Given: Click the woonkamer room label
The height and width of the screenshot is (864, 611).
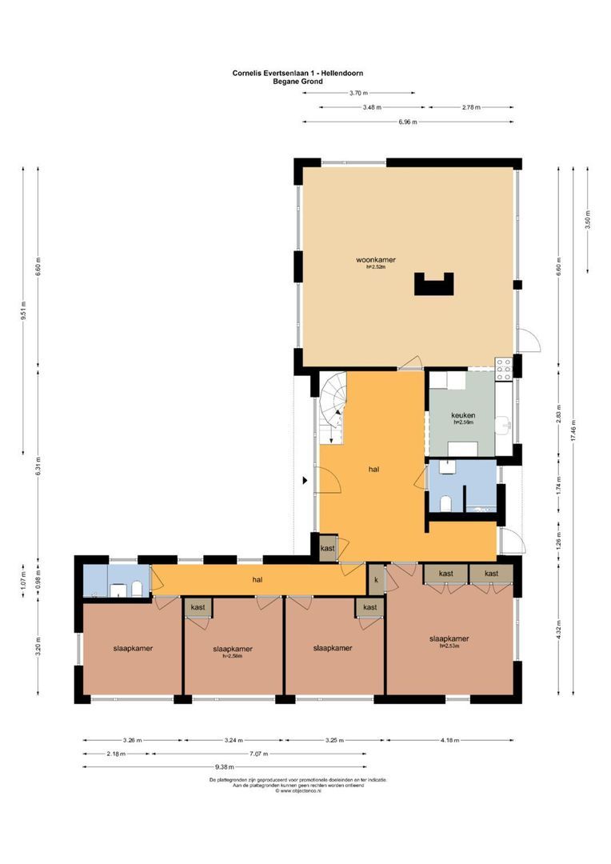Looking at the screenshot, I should coord(376,260).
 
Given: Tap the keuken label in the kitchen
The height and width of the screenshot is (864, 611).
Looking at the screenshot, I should coord(463,416).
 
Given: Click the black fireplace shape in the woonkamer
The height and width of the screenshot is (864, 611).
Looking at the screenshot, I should coord(433,284).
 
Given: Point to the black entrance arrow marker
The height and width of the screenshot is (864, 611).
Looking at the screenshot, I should coord(305,481).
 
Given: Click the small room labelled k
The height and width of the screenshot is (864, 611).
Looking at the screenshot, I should coord(375,579).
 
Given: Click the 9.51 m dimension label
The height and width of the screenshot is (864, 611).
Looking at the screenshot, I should coord(24,310).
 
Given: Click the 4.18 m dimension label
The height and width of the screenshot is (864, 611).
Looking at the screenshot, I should coord(451,740).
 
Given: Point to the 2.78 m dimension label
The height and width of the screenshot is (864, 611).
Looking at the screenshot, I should coord(470,107).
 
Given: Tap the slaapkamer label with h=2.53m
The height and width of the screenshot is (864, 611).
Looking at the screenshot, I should coord(449,640).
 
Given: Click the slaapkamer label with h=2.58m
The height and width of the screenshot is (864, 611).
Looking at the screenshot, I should coord(234,651).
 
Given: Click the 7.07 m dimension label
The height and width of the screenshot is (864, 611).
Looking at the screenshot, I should coord(258,754).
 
